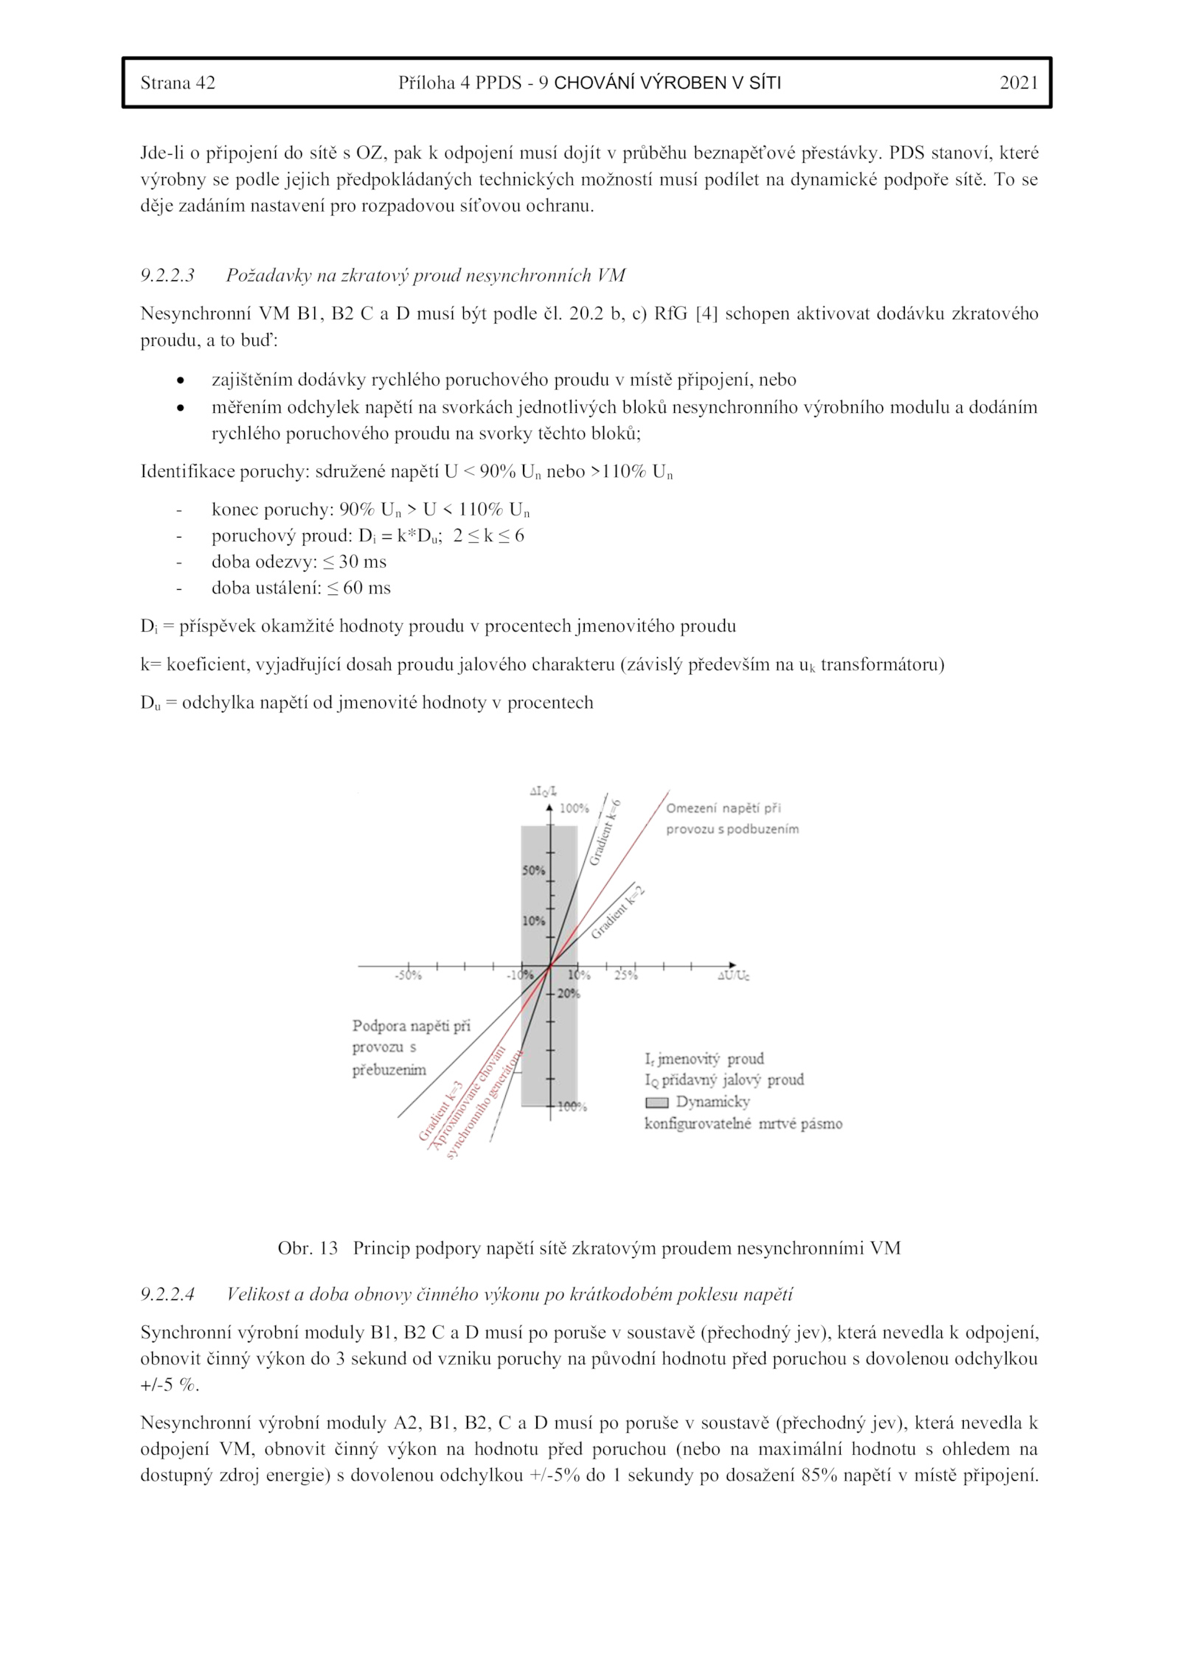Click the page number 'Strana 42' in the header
(x=178, y=83)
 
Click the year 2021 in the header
(x=1018, y=83)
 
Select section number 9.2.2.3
(x=167, y=276)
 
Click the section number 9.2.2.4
(x=167, y=1294)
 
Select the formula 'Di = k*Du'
(x=400, y=536)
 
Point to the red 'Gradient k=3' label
(x=440, y=1111)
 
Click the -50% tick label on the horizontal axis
(x=408, y=976)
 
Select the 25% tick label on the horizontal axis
(x=625, y=976)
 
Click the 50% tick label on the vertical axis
(x=533, y=871)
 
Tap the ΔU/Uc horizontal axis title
(x=733, y=976)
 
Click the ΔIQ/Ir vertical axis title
(x=543, y=792)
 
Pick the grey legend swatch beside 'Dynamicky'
(x=656, y=1103)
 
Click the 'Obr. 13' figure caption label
(x=307, y=1248)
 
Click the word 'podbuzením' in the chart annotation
(x=763, y=829)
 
